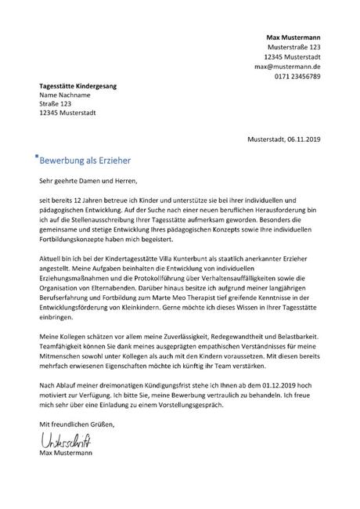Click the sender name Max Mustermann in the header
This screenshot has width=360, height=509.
(x=293, y=38)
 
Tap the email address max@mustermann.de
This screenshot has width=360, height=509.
(x=287, y=67)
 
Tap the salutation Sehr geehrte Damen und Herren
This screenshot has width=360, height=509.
(x=88, y=182)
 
